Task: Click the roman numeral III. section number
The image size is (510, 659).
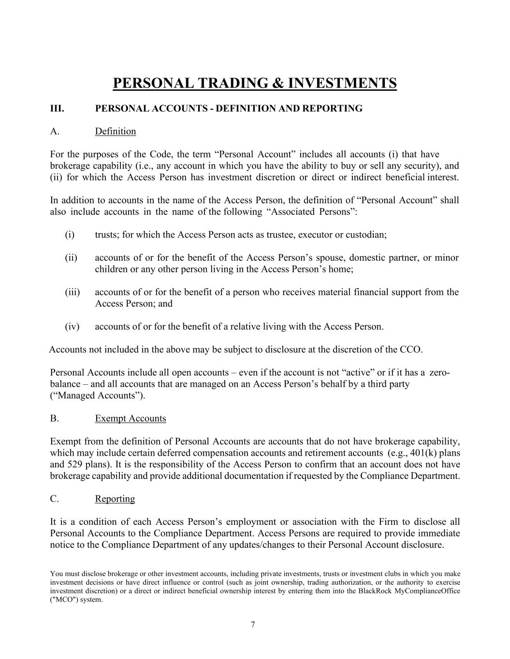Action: point(57,109)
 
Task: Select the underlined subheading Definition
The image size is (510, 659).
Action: point(116,131)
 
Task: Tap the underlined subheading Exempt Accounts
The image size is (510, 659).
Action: point(131,419)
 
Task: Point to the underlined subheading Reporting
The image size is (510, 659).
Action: point(115,499)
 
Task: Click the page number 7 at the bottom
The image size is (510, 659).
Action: point(253,625)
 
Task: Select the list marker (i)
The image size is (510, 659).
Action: point(70,235)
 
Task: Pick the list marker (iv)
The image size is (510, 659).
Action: point(72,327)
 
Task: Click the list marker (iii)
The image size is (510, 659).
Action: point(73,292)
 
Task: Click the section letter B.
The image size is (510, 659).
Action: point(54,419)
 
